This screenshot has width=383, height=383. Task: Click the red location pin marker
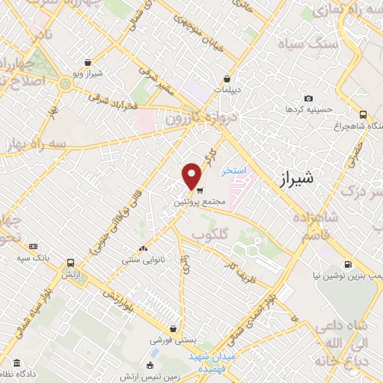click(x=192, y=174)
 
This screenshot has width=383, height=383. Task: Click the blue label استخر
click(x=234, y=171)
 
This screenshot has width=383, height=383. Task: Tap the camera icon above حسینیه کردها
click(x=308, y=99)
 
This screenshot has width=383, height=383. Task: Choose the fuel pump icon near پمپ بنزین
click(x=349, y=264)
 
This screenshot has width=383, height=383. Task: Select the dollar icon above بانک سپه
click(x=32, y=246)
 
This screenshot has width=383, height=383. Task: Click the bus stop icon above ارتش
click(x=71, y=263)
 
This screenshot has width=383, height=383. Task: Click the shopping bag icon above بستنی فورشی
click(x=174, y=328)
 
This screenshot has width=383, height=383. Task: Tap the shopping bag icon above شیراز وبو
click(x=89, y=62)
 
